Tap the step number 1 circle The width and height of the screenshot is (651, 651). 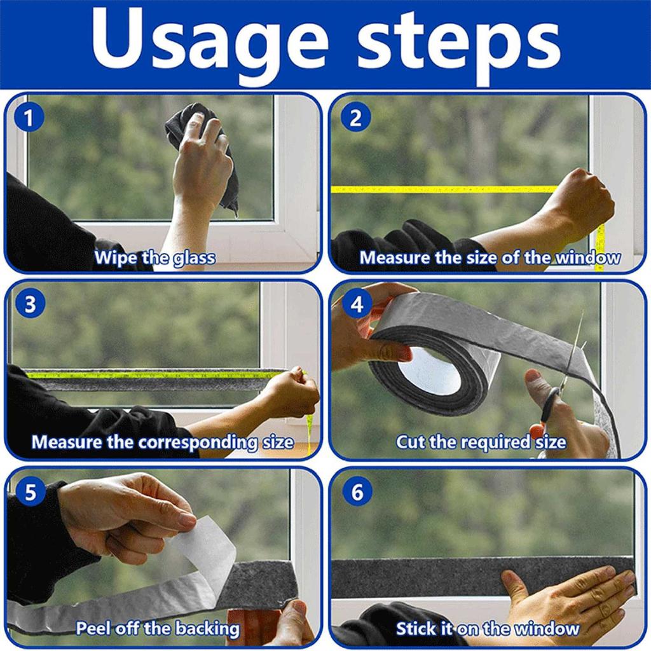click(x=28, y=118)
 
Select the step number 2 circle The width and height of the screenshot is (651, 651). click(x=355, y=118)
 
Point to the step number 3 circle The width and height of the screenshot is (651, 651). click(x=30, y=305)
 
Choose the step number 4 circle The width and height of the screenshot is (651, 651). click(x=357, y=305)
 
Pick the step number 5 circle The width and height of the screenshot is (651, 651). click(x=30, y=493)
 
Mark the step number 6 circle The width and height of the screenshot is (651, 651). click(x=357, y=493)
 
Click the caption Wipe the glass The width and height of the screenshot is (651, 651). click(x=154, y=258)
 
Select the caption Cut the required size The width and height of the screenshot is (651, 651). click(x=481, y=442)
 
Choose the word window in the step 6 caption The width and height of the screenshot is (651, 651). click(x=547, y=629)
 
